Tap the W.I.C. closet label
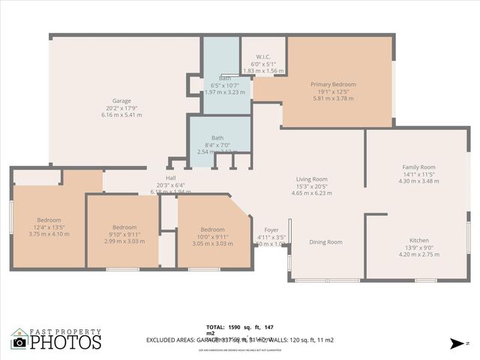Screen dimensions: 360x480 click(262, 56)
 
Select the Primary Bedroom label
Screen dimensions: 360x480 click(333, 84)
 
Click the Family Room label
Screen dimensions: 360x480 click(418, 167)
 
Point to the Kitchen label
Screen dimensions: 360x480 click(419, 239)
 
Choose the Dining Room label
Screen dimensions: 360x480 click(325, 241)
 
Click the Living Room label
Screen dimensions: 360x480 click(311, 179)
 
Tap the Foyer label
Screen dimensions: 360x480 click(271, 229)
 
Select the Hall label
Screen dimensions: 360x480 click(170, 178)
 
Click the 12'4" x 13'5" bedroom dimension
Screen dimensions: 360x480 click(49, 226)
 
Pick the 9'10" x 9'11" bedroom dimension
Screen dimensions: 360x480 click(124, 235)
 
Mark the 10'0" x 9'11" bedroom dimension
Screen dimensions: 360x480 click(212, 236)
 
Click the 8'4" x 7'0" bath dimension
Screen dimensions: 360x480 click(217, 145)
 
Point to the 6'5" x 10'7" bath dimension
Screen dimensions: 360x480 click(225, 85)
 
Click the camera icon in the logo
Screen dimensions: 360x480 click(19, 342)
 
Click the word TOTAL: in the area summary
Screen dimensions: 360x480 click(215, 327)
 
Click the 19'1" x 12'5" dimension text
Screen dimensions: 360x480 click(333, 91)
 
